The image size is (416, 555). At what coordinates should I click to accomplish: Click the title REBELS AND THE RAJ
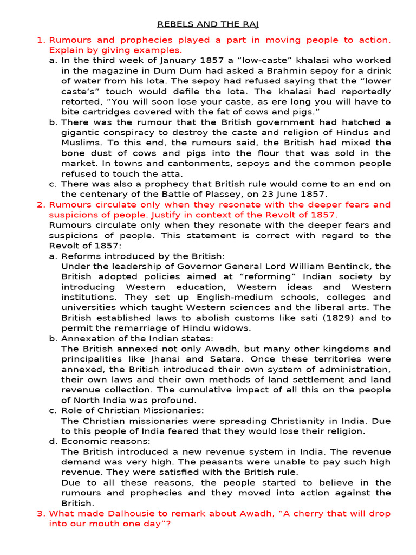click(x=209, y=24)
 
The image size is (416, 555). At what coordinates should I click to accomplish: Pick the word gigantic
click(x=83, y=133)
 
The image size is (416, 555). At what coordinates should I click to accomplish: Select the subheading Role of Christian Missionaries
click(x=133, y=410)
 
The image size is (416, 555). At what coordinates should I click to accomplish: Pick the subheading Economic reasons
click(x=106, y=441)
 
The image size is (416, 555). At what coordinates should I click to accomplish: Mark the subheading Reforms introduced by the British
click(x=143, y=256)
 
